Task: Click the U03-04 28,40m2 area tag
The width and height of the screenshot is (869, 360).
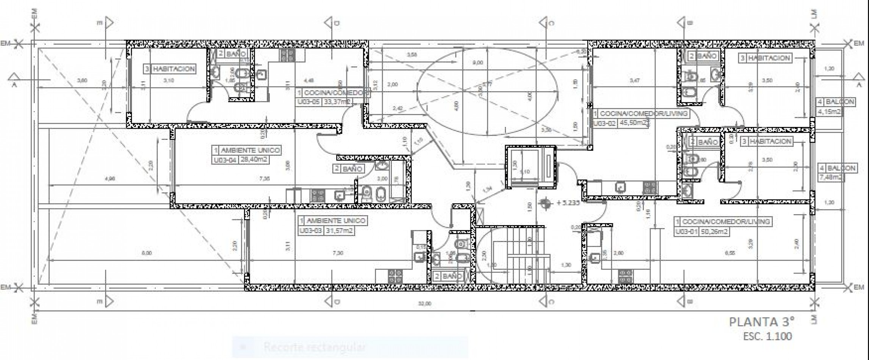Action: point(240,160)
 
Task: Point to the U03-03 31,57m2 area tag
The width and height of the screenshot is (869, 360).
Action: point(326,231)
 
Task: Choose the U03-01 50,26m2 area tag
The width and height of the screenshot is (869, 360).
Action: point(701,232)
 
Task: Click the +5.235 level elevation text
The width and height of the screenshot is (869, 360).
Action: point(568,203)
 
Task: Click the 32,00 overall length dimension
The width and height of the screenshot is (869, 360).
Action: point(424,304)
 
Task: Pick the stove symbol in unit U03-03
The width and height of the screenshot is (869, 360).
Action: point(395,276)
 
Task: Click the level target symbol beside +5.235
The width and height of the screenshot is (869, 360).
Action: point(545,203)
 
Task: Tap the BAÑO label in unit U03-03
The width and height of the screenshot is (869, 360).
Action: point(452,276)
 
